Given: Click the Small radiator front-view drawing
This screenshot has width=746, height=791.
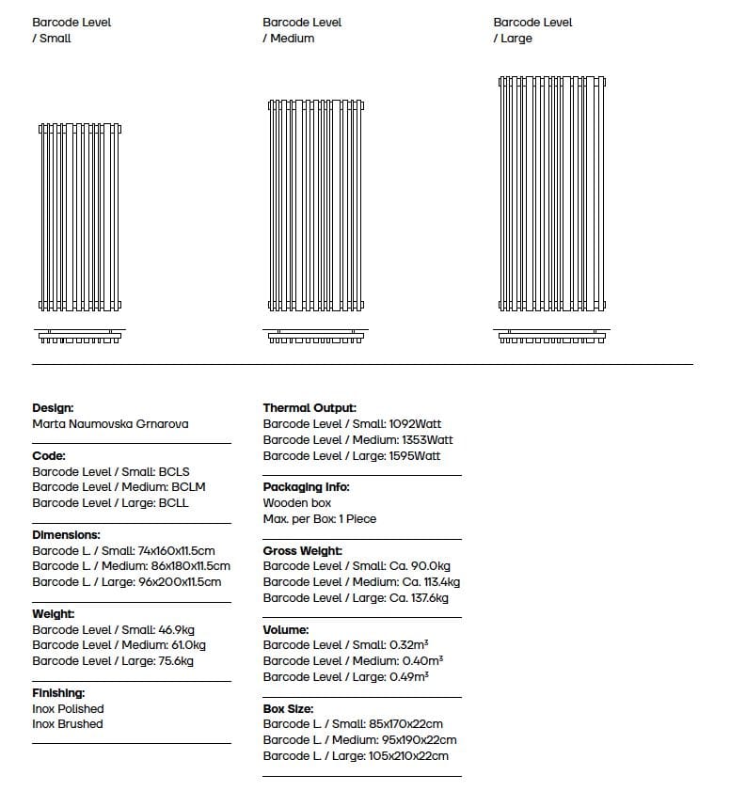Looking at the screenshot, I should (80, 217).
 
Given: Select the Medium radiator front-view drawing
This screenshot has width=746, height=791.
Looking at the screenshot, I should (315, 206).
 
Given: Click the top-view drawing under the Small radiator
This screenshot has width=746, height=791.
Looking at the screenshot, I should (80, 336).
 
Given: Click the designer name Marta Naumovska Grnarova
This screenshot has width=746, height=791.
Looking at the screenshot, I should (110, 424).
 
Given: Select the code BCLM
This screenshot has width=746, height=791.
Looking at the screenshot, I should (188, 487).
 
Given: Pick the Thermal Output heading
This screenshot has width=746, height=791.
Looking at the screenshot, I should (310, 408).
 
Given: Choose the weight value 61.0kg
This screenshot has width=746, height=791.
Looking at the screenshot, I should (188, 645).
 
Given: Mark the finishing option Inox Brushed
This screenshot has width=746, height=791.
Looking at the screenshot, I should (68, 724).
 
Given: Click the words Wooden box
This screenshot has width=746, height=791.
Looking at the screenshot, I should (297, 503).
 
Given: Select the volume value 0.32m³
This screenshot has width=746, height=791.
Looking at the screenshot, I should (409, 645).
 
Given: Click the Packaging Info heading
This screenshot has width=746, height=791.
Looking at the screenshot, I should (306, 487).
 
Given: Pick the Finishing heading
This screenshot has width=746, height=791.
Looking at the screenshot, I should (58, 693).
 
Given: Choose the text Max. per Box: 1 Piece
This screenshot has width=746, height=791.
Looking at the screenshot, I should (320, 519).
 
